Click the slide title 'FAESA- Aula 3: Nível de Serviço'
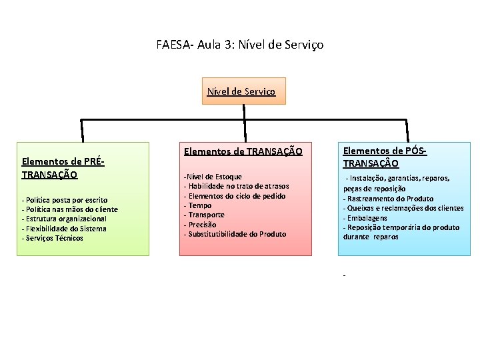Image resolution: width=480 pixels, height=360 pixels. coord(240,45)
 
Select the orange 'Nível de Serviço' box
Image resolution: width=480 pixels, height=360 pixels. coord(245,91)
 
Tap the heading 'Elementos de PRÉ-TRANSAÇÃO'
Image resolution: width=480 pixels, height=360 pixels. coord(63,167)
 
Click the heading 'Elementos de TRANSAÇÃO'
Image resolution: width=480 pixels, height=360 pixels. coord(243,152)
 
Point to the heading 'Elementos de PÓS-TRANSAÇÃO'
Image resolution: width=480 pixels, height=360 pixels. coord(385,157)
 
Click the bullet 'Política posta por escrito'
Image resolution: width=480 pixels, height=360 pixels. coord(65,200)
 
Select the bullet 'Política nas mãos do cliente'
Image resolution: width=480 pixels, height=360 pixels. coord(71,209)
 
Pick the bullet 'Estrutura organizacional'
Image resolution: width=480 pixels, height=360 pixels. coord(65,219)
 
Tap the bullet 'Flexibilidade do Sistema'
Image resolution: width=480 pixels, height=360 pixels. coord(65,229)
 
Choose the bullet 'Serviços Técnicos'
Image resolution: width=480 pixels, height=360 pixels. coord(53,238)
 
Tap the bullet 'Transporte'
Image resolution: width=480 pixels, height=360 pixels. coord(207,215)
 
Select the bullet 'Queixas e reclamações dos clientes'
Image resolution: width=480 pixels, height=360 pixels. coord(404,208)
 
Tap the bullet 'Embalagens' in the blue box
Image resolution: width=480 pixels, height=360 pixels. coord(367,218)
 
